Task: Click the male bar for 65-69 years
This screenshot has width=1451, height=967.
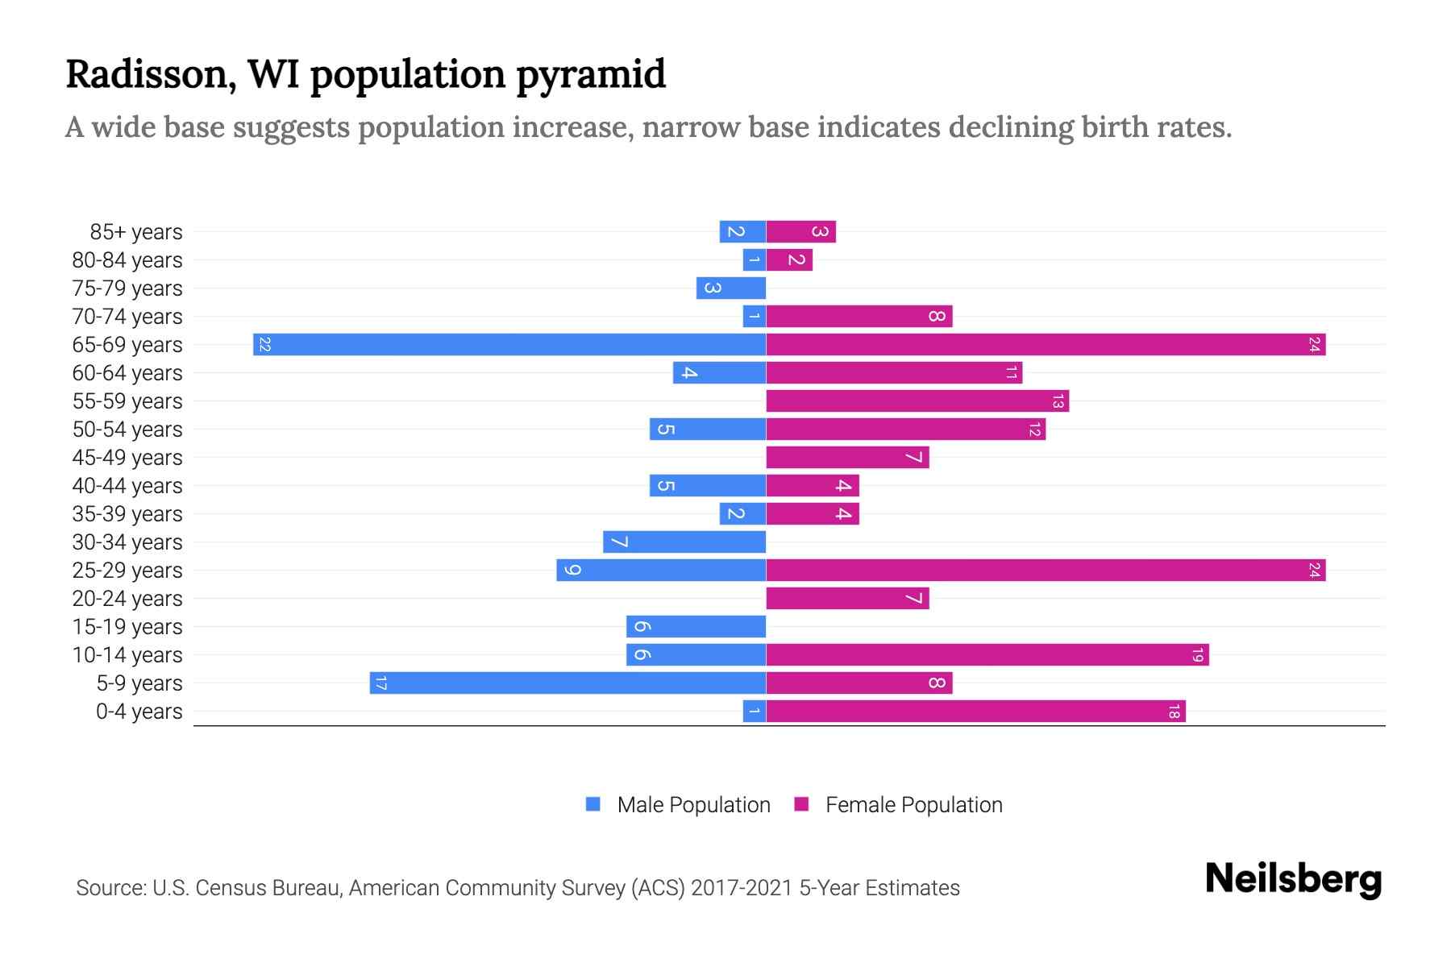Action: [509, 345]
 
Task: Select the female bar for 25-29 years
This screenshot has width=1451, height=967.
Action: [1046, 571]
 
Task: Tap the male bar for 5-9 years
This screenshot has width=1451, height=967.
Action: [568, 683]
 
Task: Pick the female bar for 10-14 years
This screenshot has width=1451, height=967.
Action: [987, 655]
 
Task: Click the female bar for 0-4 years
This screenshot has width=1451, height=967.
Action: [975, 712]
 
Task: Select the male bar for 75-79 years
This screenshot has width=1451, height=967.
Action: [731, 288]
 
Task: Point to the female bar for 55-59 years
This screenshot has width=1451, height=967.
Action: [917, 401]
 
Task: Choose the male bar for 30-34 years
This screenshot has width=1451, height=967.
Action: [684, 542]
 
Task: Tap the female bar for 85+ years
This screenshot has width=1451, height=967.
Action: [800, 232]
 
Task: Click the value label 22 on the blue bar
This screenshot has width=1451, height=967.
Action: [264, 345]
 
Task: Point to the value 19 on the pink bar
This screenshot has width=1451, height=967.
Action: [1198, 655]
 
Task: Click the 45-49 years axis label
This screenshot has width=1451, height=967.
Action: [127, 458]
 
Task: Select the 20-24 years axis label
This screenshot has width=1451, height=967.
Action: [127, 599]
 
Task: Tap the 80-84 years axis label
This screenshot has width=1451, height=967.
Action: [127, 260]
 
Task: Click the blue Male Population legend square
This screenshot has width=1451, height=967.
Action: [593, 804]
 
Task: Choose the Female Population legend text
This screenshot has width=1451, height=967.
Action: [913, 805]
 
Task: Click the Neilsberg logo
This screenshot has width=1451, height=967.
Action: [1293, 878]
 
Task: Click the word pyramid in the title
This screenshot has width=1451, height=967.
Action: [591, 75]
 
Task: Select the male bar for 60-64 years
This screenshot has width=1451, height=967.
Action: [719, 373]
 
